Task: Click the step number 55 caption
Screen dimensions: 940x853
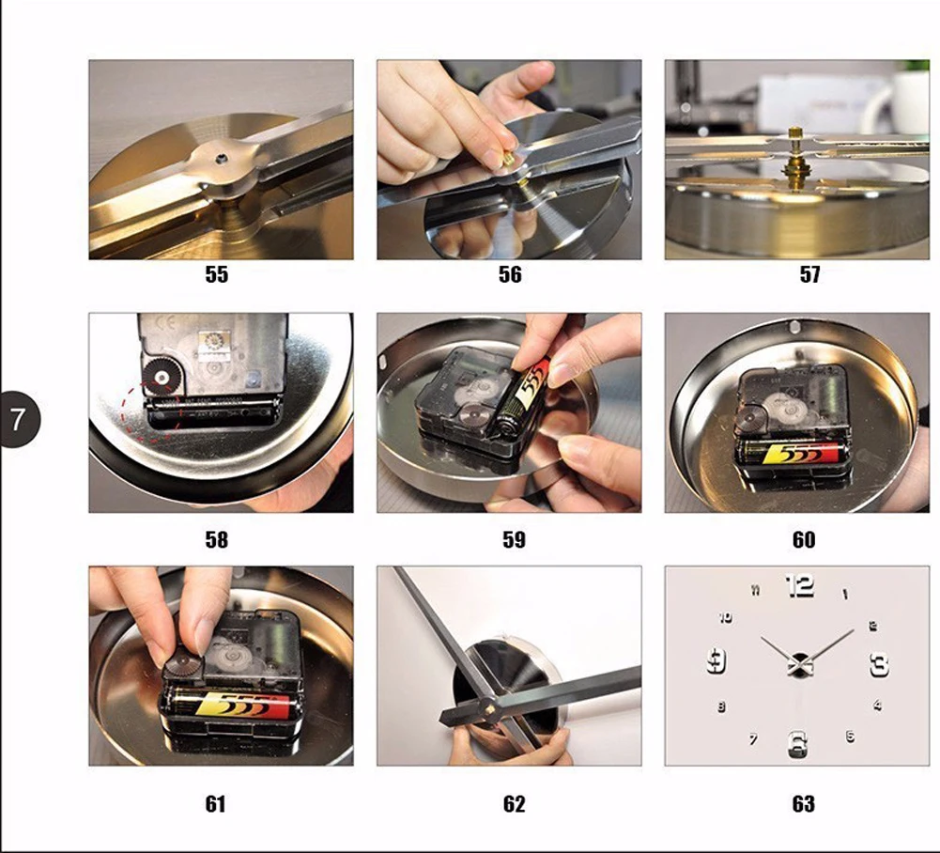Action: (x=216, y=274)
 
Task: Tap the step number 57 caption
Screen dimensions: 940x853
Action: (x=809, y=274)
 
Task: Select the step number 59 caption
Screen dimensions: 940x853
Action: (x=514, y=539)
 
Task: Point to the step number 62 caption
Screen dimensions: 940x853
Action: (x=514, y=803)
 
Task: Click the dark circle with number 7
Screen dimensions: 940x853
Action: (x=19, y=419)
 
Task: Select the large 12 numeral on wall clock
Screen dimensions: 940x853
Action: (x=800, y=585)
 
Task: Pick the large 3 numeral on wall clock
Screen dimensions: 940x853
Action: (x=879, y=664)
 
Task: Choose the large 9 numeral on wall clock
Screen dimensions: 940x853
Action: (x=717, y=660)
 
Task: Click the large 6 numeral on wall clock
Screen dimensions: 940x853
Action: (x=796, y=744)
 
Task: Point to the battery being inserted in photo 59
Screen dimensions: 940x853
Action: (x=518, y=399)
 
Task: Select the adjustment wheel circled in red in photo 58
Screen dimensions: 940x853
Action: (x=162, y=378)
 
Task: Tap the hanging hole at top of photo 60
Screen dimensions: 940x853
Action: (x=795, y=327)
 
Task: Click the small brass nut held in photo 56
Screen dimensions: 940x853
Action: (x=509, y=160)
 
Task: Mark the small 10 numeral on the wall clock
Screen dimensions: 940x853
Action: (x=725, y=617)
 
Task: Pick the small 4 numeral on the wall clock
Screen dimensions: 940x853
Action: (x=877, y=705)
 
